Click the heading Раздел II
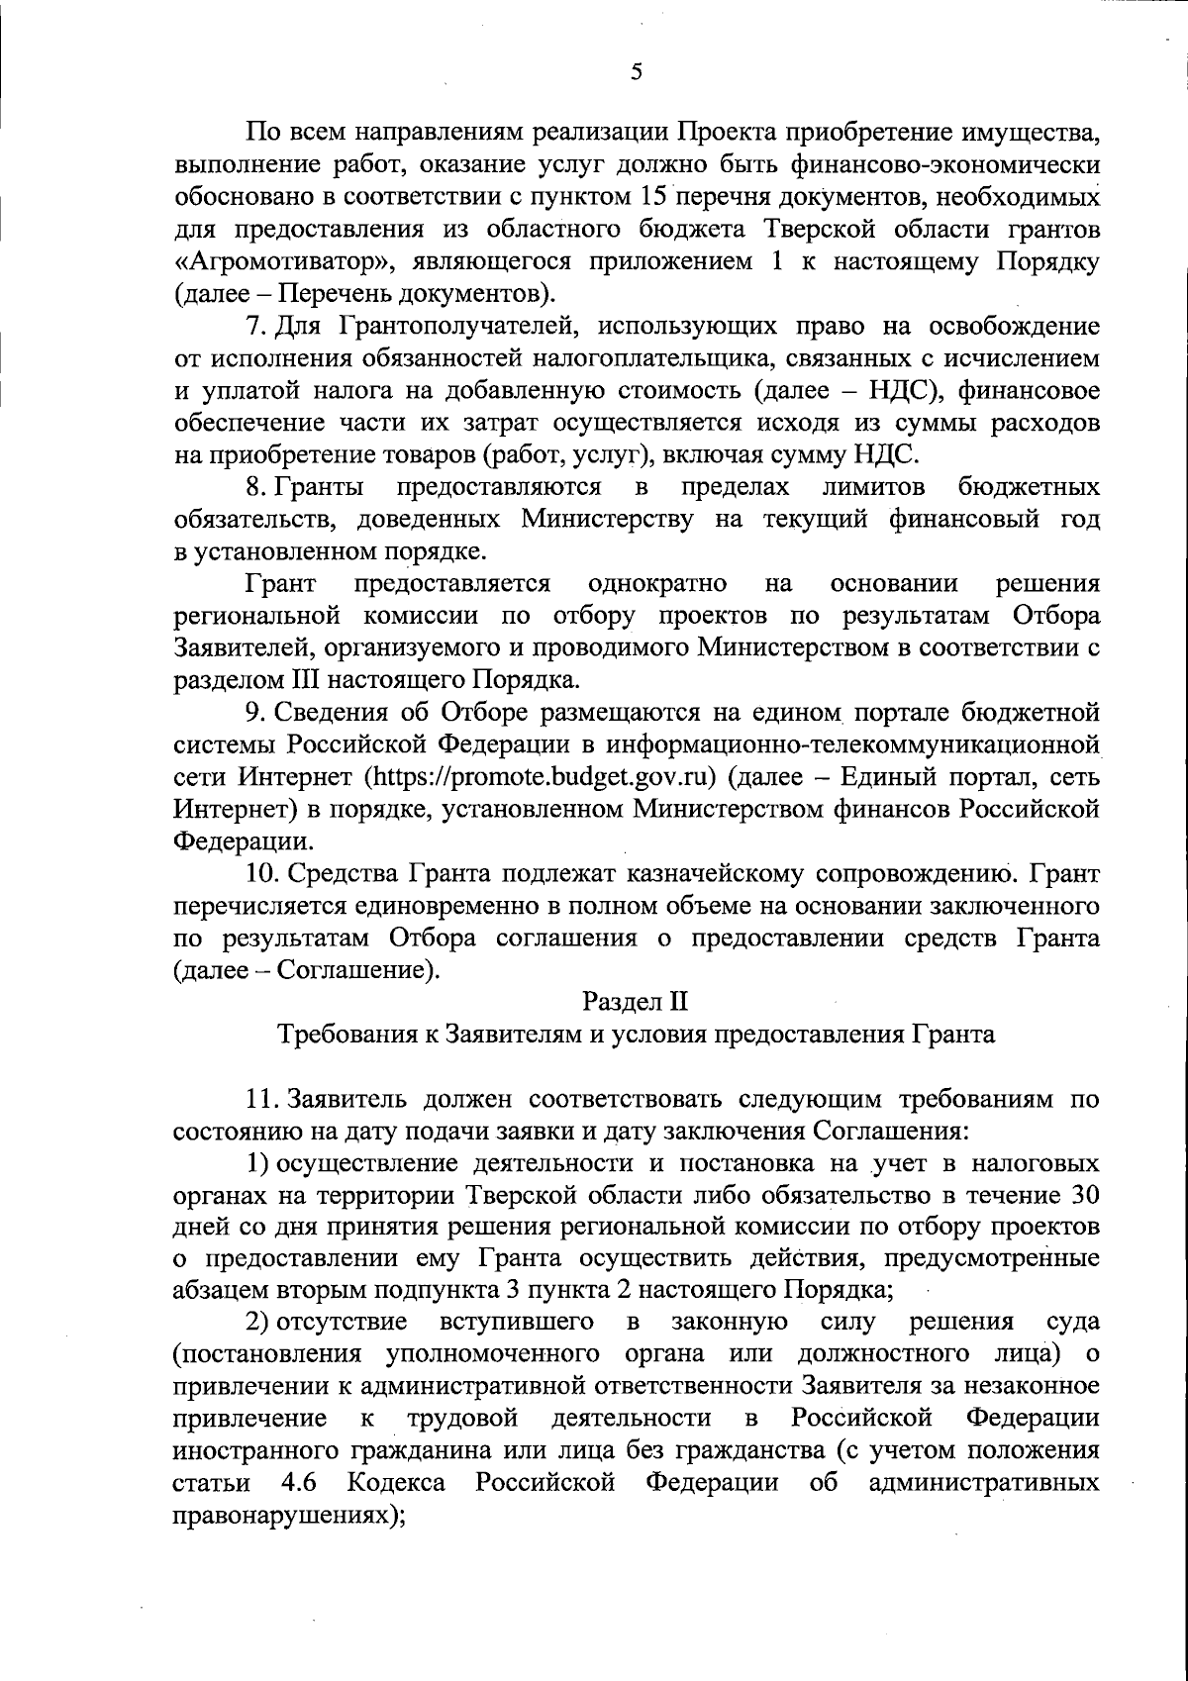point(635,1002)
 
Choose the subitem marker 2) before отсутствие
point(258,1322)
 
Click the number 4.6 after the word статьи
point(300,1483)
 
